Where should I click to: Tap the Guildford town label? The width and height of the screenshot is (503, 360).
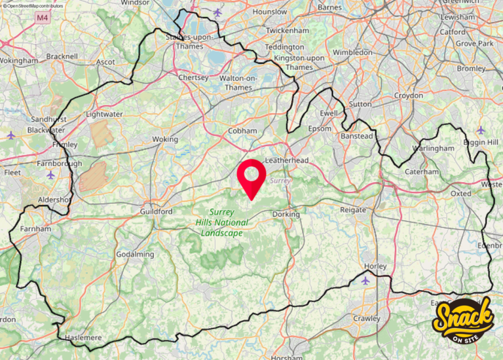[156, 212]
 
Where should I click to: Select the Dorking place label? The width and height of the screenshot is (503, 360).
[286, 214]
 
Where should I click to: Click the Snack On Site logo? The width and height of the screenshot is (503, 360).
[464, 321]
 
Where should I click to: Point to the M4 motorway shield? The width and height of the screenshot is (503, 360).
[43, 18]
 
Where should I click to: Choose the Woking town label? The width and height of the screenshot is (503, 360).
[164, 139]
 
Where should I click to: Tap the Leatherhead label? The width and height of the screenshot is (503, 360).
[286, 160]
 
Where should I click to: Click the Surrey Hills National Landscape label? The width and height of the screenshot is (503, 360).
[222, 223]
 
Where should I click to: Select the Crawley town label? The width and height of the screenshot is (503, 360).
[367, 319]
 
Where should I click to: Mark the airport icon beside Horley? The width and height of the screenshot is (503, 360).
[365, 280]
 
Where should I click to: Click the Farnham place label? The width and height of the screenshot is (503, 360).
[35, 230]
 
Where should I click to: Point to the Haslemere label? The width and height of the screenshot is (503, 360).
[83, 338]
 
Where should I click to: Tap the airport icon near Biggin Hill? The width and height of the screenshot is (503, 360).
[481, 130]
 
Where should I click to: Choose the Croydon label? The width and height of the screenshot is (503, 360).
[409, 96]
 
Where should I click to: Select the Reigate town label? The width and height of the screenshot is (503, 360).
[354, 209]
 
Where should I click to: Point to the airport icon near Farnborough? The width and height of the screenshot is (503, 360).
[51, 175]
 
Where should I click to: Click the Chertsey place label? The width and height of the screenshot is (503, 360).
[193, 78]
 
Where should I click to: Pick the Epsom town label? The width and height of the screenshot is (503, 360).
[320, 128]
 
